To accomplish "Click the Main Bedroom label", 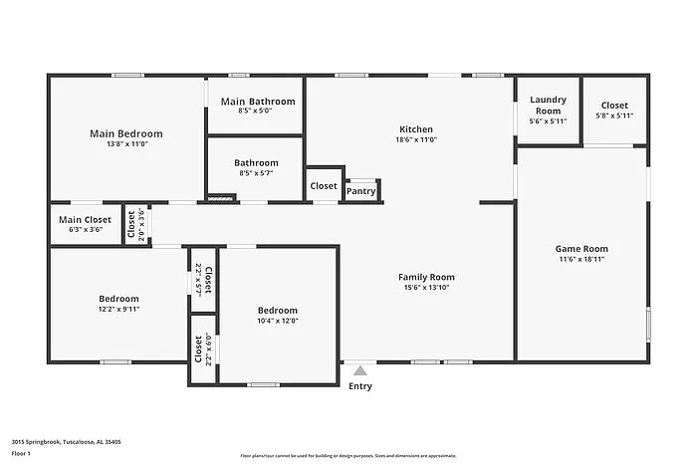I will coord(125,133).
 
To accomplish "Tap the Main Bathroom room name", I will coord(258,102).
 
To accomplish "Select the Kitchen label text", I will coord(416,129).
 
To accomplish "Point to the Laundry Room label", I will coord(548,105).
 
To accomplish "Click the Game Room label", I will coord(581,249).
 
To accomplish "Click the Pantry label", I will coord(360,191).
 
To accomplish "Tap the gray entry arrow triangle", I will coord(359,370).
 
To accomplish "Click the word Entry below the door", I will coord(359,386).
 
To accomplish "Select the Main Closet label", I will coord(85,220).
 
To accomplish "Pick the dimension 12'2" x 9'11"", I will coord(118,309).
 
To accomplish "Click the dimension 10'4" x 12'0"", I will coord(277,321).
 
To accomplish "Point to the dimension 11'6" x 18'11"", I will coord(581,259).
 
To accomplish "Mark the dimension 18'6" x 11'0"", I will coord(416,139).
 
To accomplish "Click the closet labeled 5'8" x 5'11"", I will coord(614,116).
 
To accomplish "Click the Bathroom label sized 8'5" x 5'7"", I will coord(256,162).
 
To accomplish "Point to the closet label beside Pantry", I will coord(324,186).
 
